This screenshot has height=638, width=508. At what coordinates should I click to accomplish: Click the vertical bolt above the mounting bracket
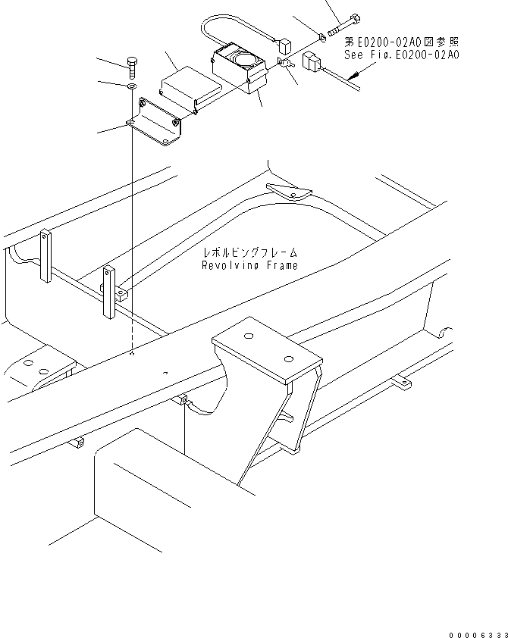(132, 67)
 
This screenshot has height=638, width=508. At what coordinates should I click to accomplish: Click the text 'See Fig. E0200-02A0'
(401, 55)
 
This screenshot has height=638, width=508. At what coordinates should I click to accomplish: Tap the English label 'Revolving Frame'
(249, 265)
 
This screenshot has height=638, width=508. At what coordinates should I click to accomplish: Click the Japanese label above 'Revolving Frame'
(249, 253)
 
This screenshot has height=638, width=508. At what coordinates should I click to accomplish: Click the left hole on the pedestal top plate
(249, 336)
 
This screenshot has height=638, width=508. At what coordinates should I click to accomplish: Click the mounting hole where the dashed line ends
(132, 353)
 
